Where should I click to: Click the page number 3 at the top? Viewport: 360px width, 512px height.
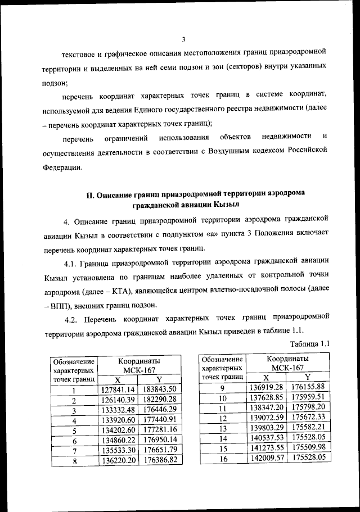point(183,39)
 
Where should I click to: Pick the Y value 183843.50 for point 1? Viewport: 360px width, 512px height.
point(160,389)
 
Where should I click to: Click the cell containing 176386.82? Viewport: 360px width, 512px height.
point(160,459)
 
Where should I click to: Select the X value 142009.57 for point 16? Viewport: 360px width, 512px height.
point(267,458)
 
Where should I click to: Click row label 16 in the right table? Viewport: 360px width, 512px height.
point(222,458)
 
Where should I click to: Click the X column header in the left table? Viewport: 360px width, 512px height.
point(117,379)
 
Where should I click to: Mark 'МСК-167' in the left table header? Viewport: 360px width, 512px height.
point(139,369)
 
